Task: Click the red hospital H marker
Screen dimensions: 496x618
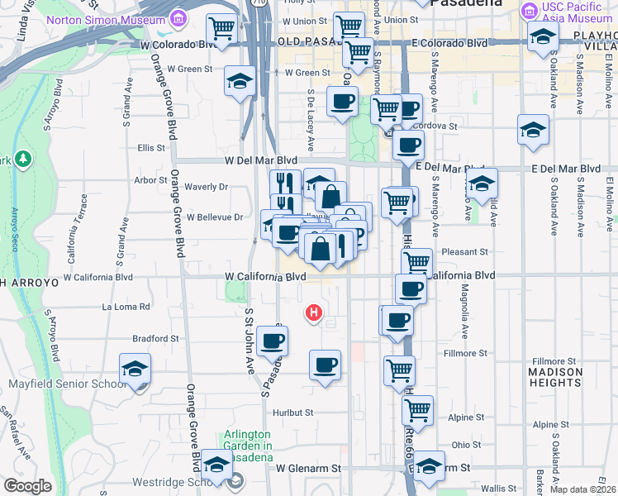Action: pos(314,312)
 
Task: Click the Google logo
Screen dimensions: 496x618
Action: pos(27,486)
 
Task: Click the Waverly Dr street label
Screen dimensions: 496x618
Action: pos(206,187)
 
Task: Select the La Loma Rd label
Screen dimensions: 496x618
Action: pos(126,307)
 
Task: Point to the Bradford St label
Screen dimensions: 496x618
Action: pos(156,338)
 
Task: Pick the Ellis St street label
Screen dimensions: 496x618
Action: pos(151,148)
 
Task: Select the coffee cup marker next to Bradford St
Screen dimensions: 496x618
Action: pos(272,340)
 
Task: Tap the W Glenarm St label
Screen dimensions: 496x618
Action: pos(308,468)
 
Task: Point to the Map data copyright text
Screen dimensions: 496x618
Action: pos(583,489)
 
